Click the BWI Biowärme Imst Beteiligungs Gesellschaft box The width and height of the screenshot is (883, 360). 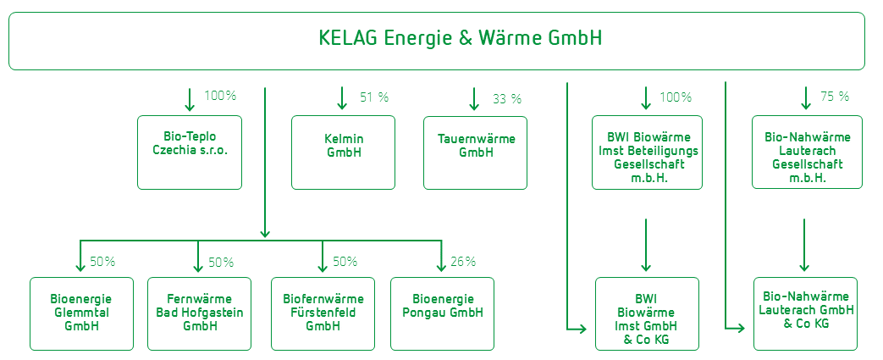[x=647, y=152]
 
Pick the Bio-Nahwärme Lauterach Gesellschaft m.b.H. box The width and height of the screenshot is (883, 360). [x=807, y=152]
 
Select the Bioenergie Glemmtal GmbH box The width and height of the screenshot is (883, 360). [x=81, y=313]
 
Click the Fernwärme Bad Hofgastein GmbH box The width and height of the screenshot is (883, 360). [x=199, y=313]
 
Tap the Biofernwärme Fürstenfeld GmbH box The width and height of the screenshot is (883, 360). [x=323, y=313]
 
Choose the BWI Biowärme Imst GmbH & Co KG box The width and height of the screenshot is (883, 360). [x=647, y=313]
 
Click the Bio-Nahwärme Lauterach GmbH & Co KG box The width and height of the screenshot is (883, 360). [x=805, y=313]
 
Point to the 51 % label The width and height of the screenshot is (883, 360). [x=374, y=97]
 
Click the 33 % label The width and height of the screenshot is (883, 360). [x=507, y=99]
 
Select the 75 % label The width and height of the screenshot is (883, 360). [x=835, y=97]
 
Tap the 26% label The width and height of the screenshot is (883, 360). [x=463, y=262]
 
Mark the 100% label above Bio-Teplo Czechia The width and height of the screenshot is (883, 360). [x=220, y=96]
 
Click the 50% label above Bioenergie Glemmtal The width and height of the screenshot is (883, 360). [x=102, y=262]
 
